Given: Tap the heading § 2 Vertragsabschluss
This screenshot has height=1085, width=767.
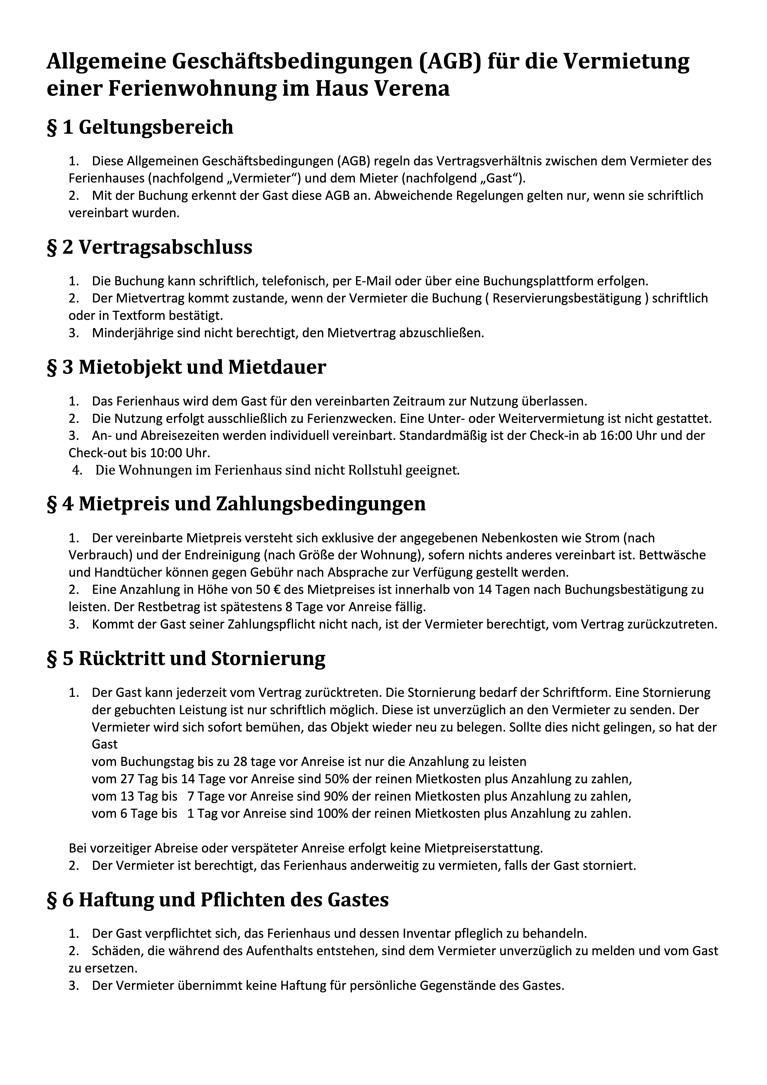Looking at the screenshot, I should [x=149, y=247].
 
